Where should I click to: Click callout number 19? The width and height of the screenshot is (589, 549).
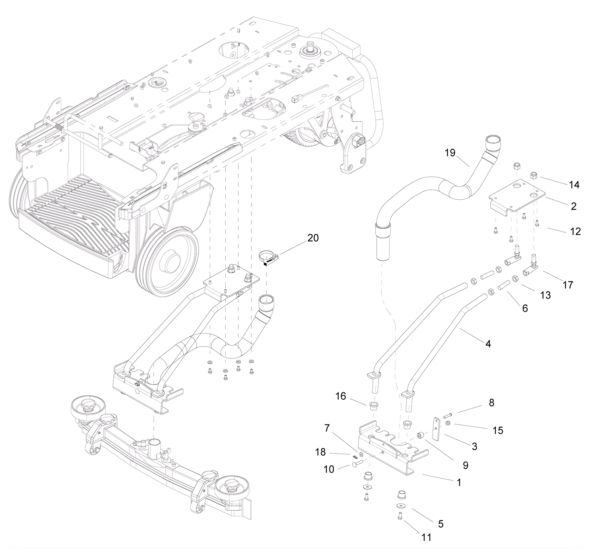click(450, 153)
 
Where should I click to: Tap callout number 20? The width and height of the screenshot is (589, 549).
click(313, 238)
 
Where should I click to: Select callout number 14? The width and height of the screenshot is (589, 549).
click(574, 185)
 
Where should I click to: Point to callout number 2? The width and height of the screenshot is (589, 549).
click(574, 206)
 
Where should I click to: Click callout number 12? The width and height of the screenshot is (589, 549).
click(575, 231)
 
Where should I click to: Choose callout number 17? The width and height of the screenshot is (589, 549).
click(568, 285)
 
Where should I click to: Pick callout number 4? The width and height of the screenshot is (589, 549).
click(488, 344)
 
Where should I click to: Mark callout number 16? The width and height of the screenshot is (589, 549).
click(341, 396)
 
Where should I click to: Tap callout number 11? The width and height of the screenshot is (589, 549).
click(426, 538)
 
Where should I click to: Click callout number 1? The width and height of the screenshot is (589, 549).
click(459, 482)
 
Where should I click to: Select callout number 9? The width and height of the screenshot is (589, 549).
click(466, 465)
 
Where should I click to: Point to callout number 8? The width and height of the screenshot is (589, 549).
click(491, 403)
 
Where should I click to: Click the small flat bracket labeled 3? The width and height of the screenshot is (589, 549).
click(437, 429)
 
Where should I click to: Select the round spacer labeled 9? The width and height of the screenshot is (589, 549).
click(420, 436)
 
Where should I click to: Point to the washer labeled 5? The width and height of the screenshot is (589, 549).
click(401, 506)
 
